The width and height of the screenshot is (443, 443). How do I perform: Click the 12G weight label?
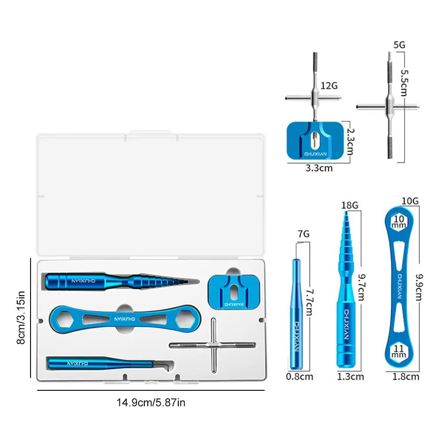(329, 85)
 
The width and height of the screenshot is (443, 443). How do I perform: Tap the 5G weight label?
(399, 45)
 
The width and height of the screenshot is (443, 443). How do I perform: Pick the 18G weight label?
(350, 205)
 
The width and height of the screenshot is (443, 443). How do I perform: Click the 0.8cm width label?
(300, 377)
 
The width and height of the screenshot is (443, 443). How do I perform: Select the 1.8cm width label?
(405, 377)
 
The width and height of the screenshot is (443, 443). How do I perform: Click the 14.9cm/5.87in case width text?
(150, 403)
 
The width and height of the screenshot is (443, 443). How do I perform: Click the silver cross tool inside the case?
(213, 345)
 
